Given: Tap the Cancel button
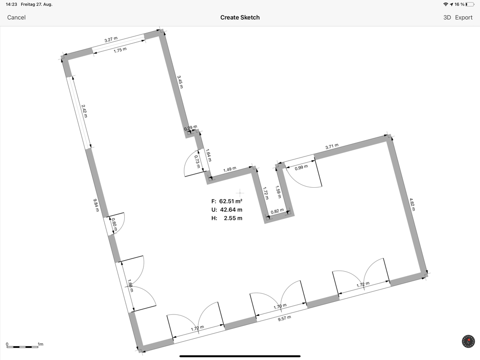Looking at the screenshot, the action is coord(16,17).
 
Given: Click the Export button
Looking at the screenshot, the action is coord(464,17).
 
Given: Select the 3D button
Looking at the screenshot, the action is coord(447,17).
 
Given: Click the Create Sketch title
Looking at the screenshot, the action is coord(240,17).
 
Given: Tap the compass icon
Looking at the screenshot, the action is coord(468,341).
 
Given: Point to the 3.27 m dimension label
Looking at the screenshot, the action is coord(111,39).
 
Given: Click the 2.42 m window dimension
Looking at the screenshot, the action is coord(84,111).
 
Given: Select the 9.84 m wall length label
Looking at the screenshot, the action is coord(96,205).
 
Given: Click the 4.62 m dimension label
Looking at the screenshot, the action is coord(412,204).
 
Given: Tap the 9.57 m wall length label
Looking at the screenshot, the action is coord(284,318).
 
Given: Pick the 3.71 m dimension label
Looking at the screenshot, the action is coord(332,146).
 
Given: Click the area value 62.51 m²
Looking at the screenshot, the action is coord(231,201).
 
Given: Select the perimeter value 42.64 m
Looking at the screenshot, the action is coord(231,210).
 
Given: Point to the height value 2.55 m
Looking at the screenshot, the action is coord(233,218).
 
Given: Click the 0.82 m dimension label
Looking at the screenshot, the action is coord(277,211).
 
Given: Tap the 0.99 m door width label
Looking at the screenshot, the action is coord(301,168).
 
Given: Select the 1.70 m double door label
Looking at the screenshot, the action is coord(280,306).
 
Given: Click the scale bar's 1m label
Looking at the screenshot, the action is coord(40,344).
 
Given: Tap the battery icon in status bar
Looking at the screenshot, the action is coord(470,4).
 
